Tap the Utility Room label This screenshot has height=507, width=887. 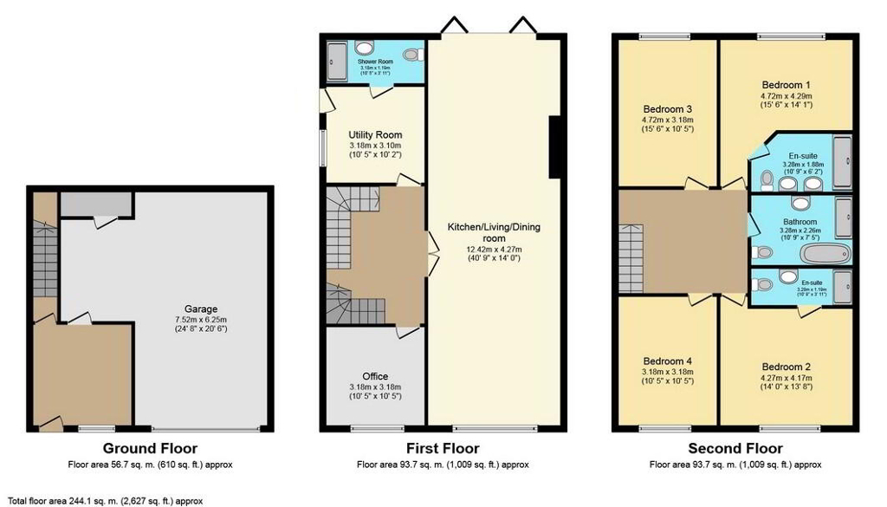[x=375, y=135]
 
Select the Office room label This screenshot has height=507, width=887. [x=375, y=376]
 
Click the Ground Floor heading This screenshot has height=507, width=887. [x=150, y=448]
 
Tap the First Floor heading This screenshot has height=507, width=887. [x=443, y=448]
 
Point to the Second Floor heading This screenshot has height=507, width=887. [x=735, y=448]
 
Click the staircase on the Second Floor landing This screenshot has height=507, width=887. [x=631, y=258]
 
